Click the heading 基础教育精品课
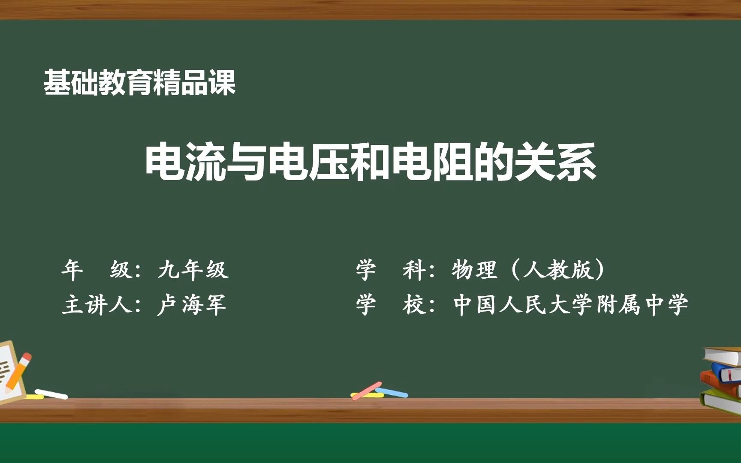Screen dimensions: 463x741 [x=139, y=83]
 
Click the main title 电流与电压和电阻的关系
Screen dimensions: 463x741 [x=370, y=162]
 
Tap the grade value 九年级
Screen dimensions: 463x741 [x=193, y=270]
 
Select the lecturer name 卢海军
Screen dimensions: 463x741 [x=191, y=305]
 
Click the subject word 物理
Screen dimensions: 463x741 [x=473, y=270]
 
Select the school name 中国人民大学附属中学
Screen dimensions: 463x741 [x=570, y=305]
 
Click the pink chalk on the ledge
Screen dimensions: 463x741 [x=367, y=391]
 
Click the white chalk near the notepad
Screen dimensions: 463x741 [x=51, y=394]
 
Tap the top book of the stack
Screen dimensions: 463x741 [x=725, y=356]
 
